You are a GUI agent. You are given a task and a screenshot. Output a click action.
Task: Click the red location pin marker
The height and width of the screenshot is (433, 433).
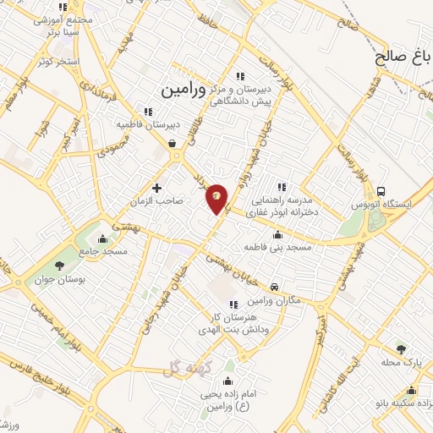tap(217, 198)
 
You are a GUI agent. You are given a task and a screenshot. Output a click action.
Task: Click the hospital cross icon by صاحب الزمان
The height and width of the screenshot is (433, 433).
tap(156, 187)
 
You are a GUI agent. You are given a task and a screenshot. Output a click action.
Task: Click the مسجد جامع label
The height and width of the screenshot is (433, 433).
tap(105, 251)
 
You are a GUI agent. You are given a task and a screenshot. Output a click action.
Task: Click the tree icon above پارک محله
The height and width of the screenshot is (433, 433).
tap(401, 348)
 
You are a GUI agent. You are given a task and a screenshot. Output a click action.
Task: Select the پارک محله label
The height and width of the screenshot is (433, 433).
tap(402, 362)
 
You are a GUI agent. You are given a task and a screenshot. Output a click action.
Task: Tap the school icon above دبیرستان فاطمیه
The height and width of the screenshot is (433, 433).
tap(148, 111)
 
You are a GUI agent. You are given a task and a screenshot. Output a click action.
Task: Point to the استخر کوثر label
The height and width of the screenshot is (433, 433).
tap(58, 62)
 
